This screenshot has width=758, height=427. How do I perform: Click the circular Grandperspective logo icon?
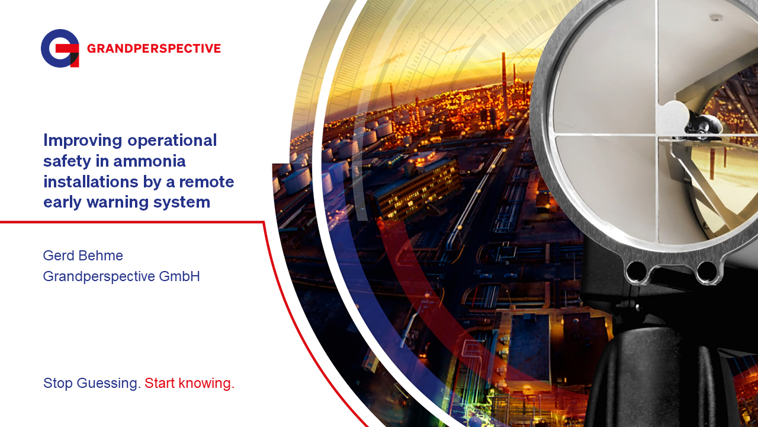click(60, 48)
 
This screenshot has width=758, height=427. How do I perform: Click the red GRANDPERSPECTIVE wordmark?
click(153, 49)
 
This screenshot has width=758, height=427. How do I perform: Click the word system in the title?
click(183, 202)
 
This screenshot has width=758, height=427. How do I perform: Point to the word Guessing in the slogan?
click(110, 383)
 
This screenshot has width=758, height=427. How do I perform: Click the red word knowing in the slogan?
click(207, 383)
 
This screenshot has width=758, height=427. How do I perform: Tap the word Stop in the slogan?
click(57, 383)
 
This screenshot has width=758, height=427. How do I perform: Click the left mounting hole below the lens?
click(636, 272)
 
